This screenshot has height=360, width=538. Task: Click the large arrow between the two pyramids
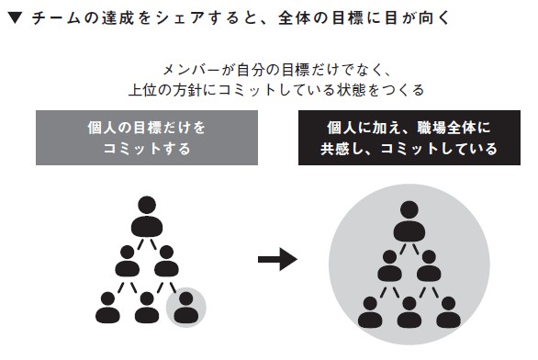pyautogui.click(x=276, y=262)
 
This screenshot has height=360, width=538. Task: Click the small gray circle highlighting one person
pyautogui.click(x=185, y=306)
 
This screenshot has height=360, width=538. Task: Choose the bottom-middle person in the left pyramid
pyautogui.click(x=145, y=307)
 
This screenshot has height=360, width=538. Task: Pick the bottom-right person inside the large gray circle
pyautogui.click(x=448, y=311)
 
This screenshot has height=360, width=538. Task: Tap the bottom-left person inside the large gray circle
pyautogui.click(x=369, y=311)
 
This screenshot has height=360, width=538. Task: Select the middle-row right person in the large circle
pyautogui.click(x=429, y=266)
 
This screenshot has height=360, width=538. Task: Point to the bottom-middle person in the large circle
pyautogui.click(x=409, y=311)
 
